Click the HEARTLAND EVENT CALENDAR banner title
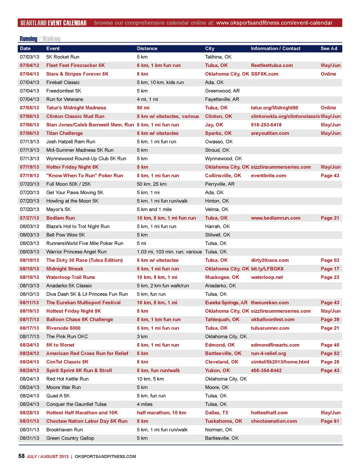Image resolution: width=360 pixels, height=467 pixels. (53, 23)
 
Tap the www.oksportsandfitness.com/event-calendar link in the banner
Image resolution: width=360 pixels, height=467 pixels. (274, 23)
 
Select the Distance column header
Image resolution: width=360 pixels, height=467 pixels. (147, 48)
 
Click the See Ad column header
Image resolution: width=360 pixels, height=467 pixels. (329, 48)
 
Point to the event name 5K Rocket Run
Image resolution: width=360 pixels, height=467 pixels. (63, 57)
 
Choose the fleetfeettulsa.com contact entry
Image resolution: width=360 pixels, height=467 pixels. (272, 65)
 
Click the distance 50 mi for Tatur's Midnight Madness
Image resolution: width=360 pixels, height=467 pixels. (143, 108)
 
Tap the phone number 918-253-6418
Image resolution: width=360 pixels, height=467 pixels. (266, 125)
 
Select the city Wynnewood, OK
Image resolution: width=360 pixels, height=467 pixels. (223, 159)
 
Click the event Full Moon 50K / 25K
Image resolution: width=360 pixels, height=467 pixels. (68, 184)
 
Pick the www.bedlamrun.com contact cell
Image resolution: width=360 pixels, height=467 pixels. (276, 218)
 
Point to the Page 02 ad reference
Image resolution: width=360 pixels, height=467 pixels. (330, 260)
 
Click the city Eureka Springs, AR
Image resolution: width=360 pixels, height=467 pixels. (226, 303)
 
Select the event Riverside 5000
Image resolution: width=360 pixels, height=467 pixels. (63, 328)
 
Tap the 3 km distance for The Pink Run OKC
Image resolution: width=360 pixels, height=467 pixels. (142, 336)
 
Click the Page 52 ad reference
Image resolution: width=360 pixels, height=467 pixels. (330, 353)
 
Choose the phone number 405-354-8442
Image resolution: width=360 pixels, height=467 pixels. (266, 371)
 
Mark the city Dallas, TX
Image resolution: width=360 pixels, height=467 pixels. (217, 413)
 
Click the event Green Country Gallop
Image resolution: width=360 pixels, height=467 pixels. (70, 438)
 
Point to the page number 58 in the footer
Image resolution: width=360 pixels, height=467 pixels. (21, 456)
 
